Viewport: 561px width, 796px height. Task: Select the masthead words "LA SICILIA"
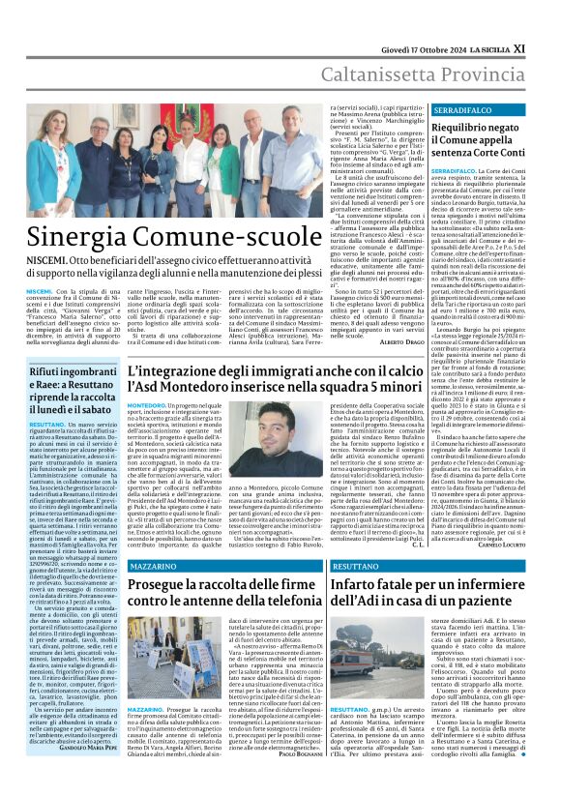(504, 18)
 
